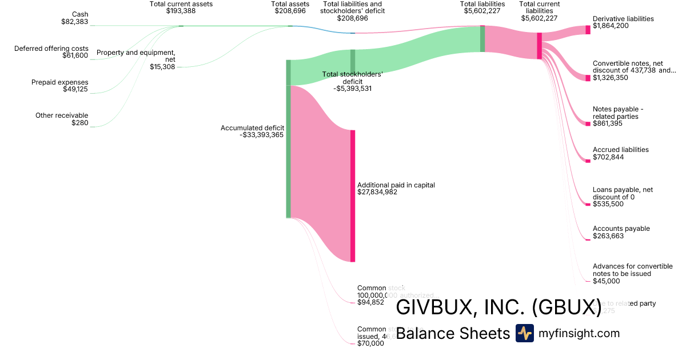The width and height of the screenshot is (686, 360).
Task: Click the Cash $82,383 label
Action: pyautogui.click(x=74, y=18)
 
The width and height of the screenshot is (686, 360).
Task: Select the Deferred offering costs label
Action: pyautogui.click(x=51, y=52)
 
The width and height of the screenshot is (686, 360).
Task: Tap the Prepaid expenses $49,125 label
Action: pyautogui.click(x=59, y=86)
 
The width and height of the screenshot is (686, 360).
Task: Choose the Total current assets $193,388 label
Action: pyautogui.click(x=181, y=7)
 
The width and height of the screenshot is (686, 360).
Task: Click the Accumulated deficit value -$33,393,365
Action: pyautogui.click(x=261, y=135)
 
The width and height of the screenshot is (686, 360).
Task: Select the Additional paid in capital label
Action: pyautogui.click(x=396, y=189)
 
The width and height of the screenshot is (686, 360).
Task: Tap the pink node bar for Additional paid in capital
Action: pyautogui.click(x=353, y=196)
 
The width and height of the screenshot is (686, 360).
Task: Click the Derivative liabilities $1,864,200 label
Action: pyautogui.click(x=623, y=22)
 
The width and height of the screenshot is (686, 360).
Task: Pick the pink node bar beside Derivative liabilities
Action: pyautogui.click(x=588, y=30)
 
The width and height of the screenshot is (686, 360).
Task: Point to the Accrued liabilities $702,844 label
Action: pyautogui.click(x=620, y=153)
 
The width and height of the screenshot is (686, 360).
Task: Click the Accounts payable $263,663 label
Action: pyautogui.click(x=621, y=232)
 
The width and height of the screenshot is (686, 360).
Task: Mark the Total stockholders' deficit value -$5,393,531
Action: pyautogui.click(x=353, y=89)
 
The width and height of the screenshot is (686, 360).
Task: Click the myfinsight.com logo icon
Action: pyautogui.click(x=524, y=333)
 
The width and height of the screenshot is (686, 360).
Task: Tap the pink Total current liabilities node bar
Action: pyautogui.click(x=539, y=46)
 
